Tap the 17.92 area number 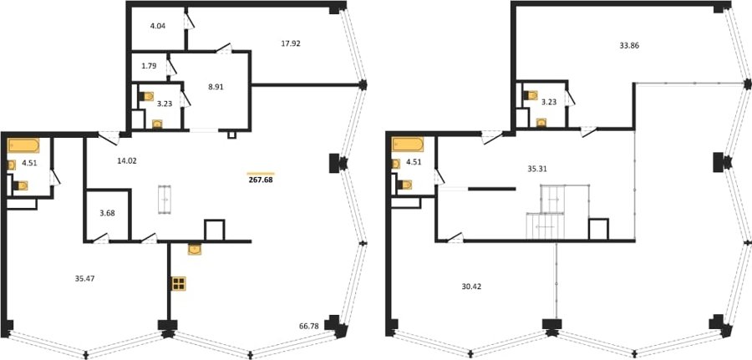click(x=291, y=43)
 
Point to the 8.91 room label click(x=216, y=87)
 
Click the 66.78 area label click(x=309, y=327)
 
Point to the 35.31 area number click(x=538, y=169)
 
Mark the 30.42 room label click(x=471, y=286)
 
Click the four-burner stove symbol click(x=179, y=283)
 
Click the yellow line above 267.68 click(x=261, y=174)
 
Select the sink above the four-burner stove click(x=195, y=249)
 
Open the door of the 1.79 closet click(x=171, y=68)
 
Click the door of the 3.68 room click(x=101, y=238)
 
